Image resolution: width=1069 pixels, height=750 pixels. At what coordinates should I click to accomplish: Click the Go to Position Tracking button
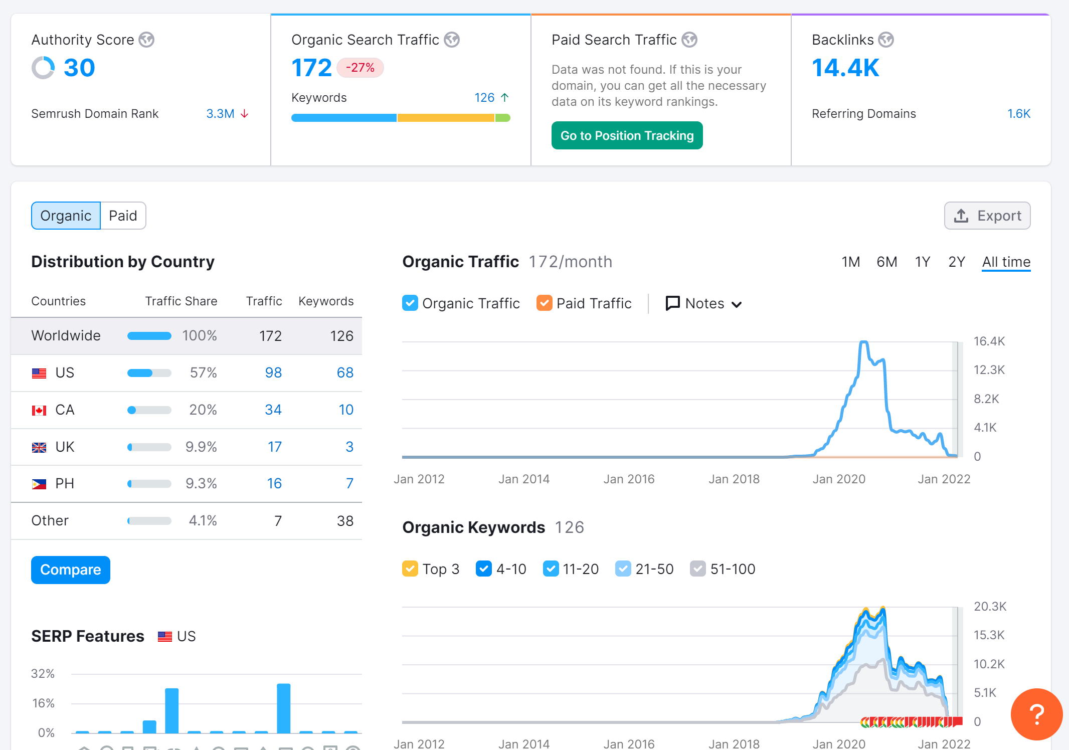[x=627, y=135]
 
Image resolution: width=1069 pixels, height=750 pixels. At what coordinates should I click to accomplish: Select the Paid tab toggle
[x=123, y=216]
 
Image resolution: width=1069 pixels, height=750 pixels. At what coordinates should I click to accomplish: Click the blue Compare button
[x=71, y=570]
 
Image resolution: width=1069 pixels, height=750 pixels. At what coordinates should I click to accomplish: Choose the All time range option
[x=1006, y=262]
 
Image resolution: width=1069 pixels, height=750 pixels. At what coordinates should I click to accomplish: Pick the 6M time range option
[x=887, y=262]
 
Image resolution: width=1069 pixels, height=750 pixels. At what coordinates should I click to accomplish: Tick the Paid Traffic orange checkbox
[x=545, y=303]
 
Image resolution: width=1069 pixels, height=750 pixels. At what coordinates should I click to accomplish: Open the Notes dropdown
[x=703, y=303]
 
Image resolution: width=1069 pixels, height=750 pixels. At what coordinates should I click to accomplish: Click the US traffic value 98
[x=273, y=372]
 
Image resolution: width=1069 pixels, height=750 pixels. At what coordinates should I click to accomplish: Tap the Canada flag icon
[x=39, y=410]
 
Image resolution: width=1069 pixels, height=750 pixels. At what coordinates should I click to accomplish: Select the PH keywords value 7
[x=349, y=484]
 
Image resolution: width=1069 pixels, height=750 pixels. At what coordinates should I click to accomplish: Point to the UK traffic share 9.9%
[x=201, y=447]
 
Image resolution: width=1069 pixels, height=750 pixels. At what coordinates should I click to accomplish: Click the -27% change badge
[x=360, y=68]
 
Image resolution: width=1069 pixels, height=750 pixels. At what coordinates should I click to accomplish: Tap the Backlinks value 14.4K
[x=845, y=68]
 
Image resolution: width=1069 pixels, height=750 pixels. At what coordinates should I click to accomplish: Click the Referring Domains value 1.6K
[x=1019, y=114]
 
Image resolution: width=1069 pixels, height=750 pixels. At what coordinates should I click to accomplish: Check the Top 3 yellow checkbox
[x=410, y=569]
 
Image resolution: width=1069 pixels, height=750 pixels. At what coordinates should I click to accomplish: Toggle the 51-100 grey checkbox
[x=698, y=569]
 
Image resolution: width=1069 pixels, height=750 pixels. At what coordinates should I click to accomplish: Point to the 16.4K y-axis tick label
[x=989, y=341]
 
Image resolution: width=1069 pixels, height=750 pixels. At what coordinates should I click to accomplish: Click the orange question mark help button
[x=1036, y=714]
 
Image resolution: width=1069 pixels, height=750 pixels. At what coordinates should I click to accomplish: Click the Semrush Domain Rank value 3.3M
[x=220, y=114]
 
